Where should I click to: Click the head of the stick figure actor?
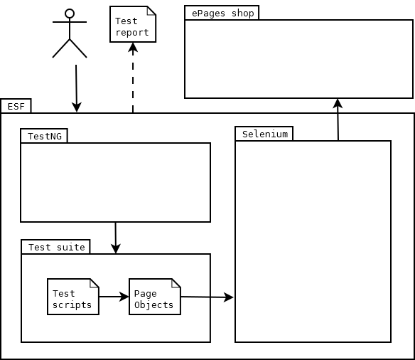point(70,14)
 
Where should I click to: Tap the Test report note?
point(133,24)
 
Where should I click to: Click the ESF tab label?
point(16,107)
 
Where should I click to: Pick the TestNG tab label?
point(45,136)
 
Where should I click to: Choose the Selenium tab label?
point(265,134)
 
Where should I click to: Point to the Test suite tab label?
point(57,247)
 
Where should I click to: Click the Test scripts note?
point(73,297)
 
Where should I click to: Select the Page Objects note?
point(155,297)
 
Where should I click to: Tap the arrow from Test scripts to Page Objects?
point(114,297)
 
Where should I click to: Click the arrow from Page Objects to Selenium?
point(207,297)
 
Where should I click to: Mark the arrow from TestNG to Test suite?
point(115,238)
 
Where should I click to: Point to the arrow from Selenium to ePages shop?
point(338,120)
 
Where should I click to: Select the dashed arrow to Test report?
point(133,78)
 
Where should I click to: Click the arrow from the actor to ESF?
point(76,88)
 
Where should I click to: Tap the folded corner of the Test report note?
point(151,11)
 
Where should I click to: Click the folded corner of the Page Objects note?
point(176,283)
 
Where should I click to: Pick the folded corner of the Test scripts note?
point(95,283)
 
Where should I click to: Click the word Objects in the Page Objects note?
point(153,305)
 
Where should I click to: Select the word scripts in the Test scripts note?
point(72,305)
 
